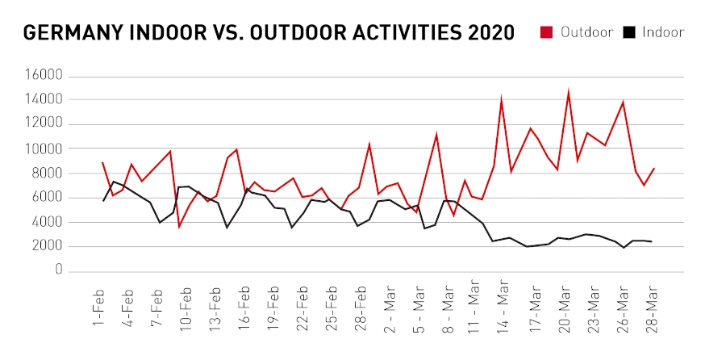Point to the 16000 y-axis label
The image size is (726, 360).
[44, 76]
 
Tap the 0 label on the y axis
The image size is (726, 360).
[59, 271]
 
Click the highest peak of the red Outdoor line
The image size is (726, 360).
[569, 92]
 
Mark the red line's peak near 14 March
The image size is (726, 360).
[502, 99]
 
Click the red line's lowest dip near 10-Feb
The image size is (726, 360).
[179, 227]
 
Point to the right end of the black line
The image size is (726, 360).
[652, 241]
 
